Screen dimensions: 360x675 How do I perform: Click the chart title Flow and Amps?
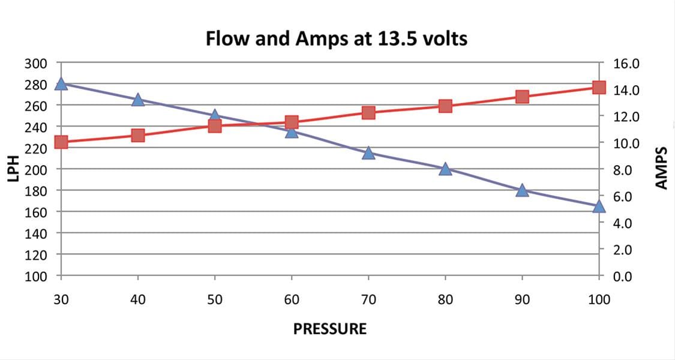click(337, 40)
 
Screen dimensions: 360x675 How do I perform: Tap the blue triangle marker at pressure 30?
click(61, 84)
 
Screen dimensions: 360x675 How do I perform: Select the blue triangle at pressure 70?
click(368, 153)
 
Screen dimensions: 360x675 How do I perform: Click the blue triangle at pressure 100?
click(599, 206)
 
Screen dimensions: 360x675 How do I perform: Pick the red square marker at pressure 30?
click(61, 142)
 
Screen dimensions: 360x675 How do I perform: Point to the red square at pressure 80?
click(445, 106)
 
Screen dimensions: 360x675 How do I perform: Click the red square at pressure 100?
click(599, 87)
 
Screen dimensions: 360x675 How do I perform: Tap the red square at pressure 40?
click(138, 136)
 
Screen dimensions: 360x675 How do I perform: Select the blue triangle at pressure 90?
click(522, 190)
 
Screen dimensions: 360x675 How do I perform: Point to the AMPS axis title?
click(661, 169)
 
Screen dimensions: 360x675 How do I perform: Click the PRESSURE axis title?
click(329, 329)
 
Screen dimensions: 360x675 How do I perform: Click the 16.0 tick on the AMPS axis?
click(626, 63)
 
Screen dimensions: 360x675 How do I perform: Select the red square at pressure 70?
click(368, 113)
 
